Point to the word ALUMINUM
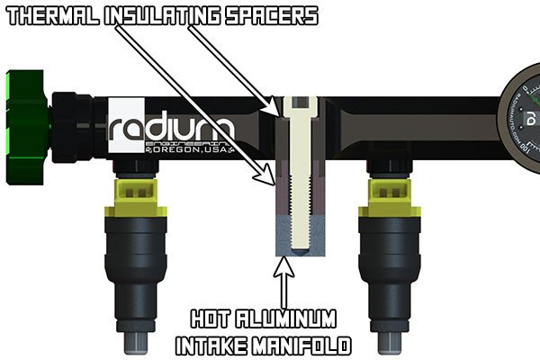point(293,319)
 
